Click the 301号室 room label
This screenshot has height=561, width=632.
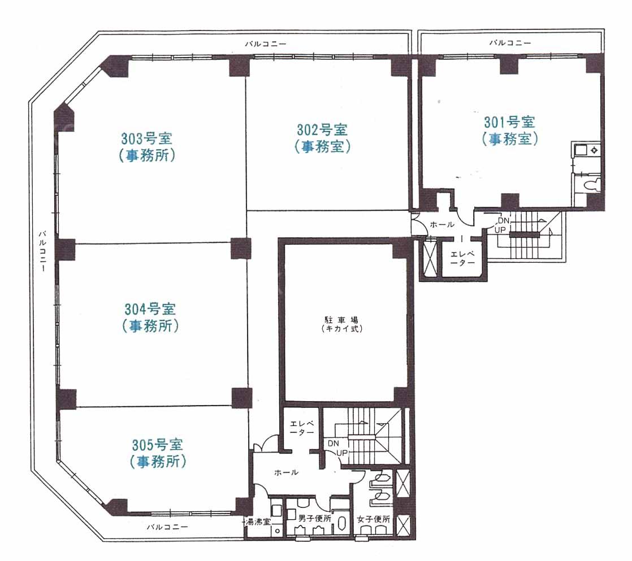click(509, 122)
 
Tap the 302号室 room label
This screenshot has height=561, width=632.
click(322, 130)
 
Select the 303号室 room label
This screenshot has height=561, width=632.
click(147, 138)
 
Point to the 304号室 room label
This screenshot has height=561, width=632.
click(150, 309)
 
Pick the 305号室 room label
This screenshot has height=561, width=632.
click(158, 445)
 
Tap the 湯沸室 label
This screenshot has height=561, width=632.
click(258, 523)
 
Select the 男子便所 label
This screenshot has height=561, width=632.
click(315, 519)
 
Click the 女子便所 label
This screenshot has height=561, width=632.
click(374, 520)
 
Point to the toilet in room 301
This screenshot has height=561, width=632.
click(591, 186)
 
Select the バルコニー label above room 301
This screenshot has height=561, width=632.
click(510, 42)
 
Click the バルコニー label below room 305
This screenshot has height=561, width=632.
click(167, 527)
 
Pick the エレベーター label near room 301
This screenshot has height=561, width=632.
click(462, 258)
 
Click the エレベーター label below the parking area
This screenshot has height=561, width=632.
click(302, 428)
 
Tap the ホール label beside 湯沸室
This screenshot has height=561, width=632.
click(286, 472)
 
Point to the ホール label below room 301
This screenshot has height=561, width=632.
click(442, 225)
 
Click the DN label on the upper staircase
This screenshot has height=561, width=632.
click(504, 221)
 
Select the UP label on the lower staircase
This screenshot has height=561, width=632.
click(342, 453)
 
